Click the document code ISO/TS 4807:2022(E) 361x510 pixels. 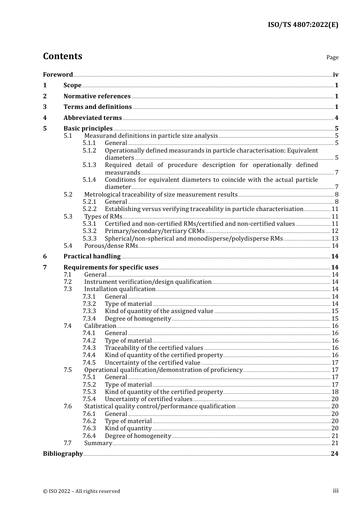[x=303, y=25]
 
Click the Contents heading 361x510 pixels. [x=62, y=56]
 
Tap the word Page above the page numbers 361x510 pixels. [x=332, y=57]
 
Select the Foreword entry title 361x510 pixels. [x=58, y=74]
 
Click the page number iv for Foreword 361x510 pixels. [x=336, y=75]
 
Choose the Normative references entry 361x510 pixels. [x=97, y=96]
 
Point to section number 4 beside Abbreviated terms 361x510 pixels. [x=45, y=118]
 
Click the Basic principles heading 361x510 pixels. [x=88, y=129]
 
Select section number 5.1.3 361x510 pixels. [x=89, y=165]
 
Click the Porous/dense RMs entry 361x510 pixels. [x=111, y=246]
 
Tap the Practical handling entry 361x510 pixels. [x=92, y=257]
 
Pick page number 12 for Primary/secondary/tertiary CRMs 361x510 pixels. [x=335, y=231]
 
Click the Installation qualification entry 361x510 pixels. [x=120, y=289]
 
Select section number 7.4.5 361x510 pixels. [x=89, y=363]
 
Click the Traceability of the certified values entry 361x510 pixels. [x=154, y=348]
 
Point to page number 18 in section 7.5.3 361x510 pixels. [x=335, y=392]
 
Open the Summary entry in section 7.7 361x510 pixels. [x=98, y=443]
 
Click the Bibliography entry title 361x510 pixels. [x=63, y=454]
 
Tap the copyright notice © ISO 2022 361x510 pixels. [x=81, y=491]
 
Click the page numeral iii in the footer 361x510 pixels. [x=336, y=491]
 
